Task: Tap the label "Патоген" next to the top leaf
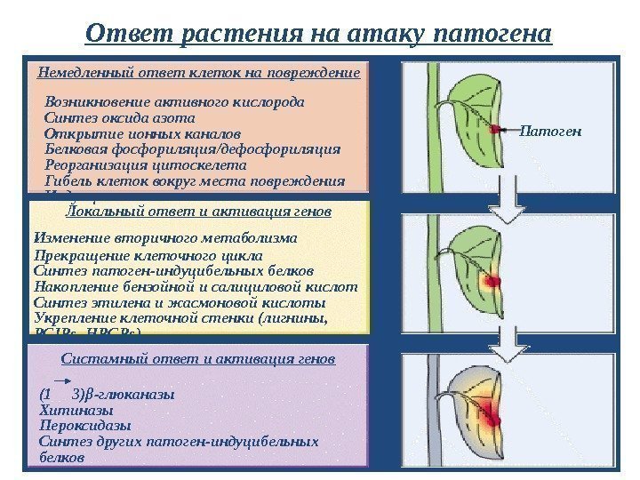(x=549, y=132)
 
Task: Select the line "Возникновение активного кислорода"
(x=174, y=101)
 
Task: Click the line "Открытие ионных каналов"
(x=141, y=133)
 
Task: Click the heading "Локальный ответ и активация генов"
(x=200, y=212)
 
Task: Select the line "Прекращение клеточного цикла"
(x=148, y=255)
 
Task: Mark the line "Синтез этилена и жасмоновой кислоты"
(x=180, y=303)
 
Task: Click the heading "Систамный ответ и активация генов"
(x=199, y=360)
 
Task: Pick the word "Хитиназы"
(x=77, y=411)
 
